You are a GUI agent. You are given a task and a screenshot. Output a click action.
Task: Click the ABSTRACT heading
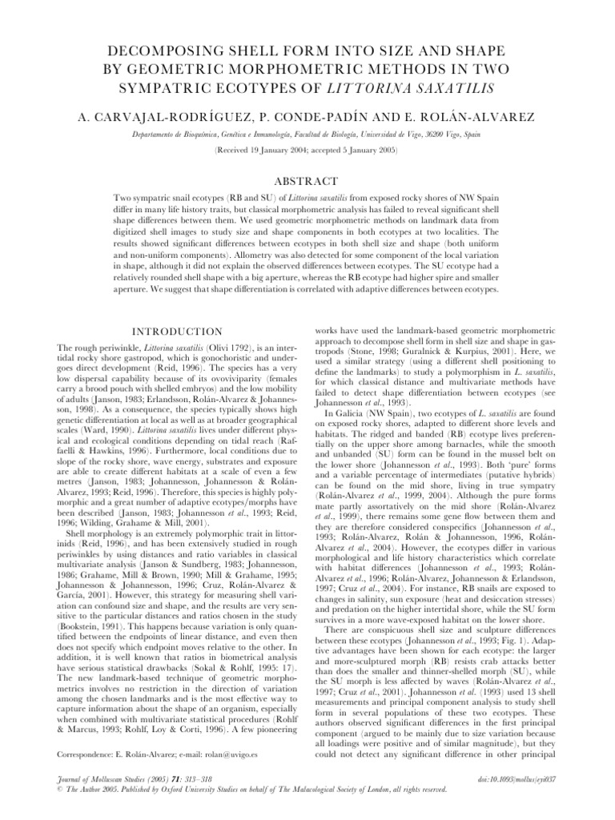(307, 182)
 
